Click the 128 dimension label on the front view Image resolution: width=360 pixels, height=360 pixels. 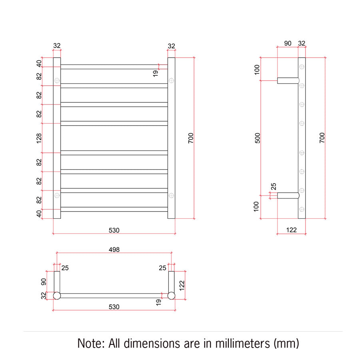(x=39, y=138)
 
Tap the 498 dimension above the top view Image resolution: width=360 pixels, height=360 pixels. (x=114, y=250)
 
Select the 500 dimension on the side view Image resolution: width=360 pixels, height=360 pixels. (x=258, y=138)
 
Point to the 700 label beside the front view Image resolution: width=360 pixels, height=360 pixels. (x=191, y=138)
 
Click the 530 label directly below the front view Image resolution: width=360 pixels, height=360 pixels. (x=114, y=230)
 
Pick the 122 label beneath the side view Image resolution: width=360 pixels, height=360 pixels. (x=291, y=230)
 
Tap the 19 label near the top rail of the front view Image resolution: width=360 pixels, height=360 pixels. (x=156, y=74)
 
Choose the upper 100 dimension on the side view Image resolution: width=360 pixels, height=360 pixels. (x=257, y=70)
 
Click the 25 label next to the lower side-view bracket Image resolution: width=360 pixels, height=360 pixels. (x=274, y=186)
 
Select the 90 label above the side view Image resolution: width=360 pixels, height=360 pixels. (x=288, y=43)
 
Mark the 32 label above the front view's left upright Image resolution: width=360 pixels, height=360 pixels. (x=57, y=46)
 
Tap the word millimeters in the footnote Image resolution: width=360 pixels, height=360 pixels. (x=242, y=344)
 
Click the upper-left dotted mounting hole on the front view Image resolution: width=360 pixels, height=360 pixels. (x=57, y=80)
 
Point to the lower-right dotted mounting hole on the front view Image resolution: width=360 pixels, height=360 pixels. (x=171, y=195)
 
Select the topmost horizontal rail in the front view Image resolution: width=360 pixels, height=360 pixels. (x=114, y=67)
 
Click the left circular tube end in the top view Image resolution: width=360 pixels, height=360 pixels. (x=57, y=296)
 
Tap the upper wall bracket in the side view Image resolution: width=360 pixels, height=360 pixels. (x=288, y=80)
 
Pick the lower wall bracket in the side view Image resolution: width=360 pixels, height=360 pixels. (x=288, y=195)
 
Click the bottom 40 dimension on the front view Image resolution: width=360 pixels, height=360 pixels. (x=39, y=214)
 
